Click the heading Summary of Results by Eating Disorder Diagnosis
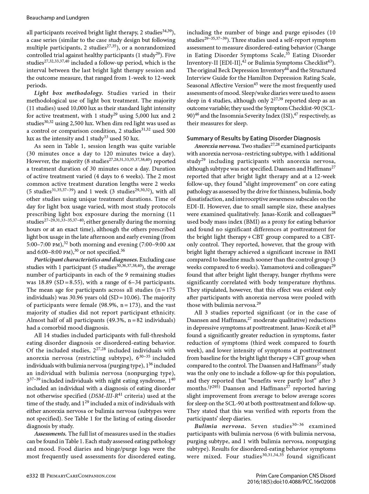tap(253, 138)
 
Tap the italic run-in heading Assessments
tap(50, 434)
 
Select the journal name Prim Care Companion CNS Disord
tap(296, 476)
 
